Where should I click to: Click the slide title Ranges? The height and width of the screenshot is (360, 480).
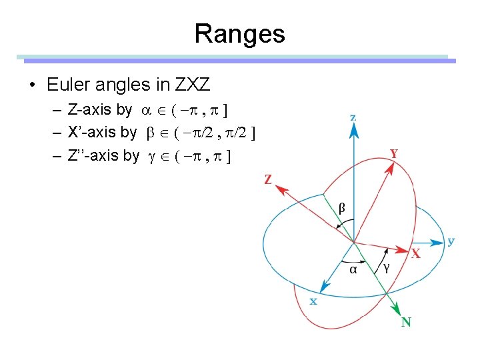coord(239,34)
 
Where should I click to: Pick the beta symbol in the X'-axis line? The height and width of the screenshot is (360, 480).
coord(149,133)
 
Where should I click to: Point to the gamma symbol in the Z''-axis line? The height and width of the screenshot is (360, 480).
coord(152,157)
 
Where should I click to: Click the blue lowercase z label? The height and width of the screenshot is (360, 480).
coord(353,117)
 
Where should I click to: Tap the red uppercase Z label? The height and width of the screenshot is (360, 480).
coord(268,180)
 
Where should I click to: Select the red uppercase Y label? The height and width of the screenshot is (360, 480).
coord(394,153)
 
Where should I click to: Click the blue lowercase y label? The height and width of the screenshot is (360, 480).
coord(451,241)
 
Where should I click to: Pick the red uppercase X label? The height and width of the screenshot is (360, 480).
coord(415,255)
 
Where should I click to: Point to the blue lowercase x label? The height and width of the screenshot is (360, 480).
coord(313,301)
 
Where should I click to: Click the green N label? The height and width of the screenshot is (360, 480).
coord(406,323)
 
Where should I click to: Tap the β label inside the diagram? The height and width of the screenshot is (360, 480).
coord(342,209)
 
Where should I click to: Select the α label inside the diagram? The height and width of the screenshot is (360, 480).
coord(353,269)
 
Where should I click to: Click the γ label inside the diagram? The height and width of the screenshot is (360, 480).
coord(386,267)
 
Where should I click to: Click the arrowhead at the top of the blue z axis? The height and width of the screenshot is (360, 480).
coord(353,131)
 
